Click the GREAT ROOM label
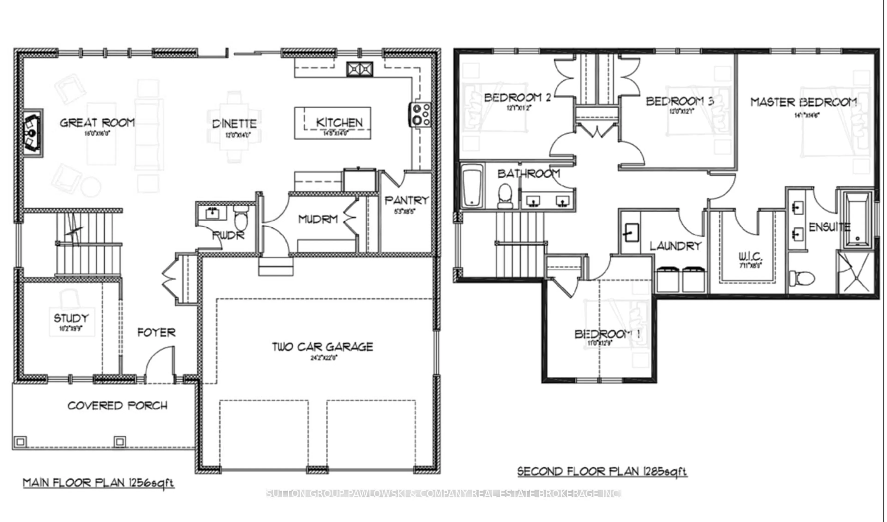tap(97, 123)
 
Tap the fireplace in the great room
tap(32, 133)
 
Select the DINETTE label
tap(234, 124)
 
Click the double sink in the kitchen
tap(359, 69)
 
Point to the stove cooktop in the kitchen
tap(421, 114)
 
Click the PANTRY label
tap(407, 201)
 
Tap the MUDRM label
tap(318, 219)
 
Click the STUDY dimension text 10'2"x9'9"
tap(71, 329)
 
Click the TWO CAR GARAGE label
tap(322, 347)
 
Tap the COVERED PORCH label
tap(117, 405)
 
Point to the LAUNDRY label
tap(675, 246)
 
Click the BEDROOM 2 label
tap(517, 97)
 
